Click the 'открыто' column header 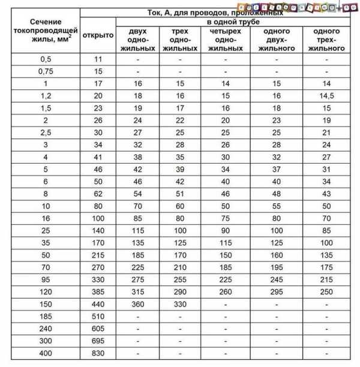[x=98, y=35]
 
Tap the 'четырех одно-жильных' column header [x=226, y=39]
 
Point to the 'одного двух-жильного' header [x=277, y=39]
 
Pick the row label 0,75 [x=40, y=71]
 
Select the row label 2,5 [x=40, y=133]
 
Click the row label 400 [x=40, y=353]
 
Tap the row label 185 [x=40, y=316]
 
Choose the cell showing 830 [x=98, y=353]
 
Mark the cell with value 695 [x=98, y=341]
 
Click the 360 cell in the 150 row [x=138, y=304]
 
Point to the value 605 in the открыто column [x=98, y=329]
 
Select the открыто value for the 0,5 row [x=98, y=59]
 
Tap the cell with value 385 [x=98, y=291]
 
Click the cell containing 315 [x=138, y=291]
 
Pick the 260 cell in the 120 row [x=226, y=291]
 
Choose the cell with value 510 [x=98, y=316]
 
